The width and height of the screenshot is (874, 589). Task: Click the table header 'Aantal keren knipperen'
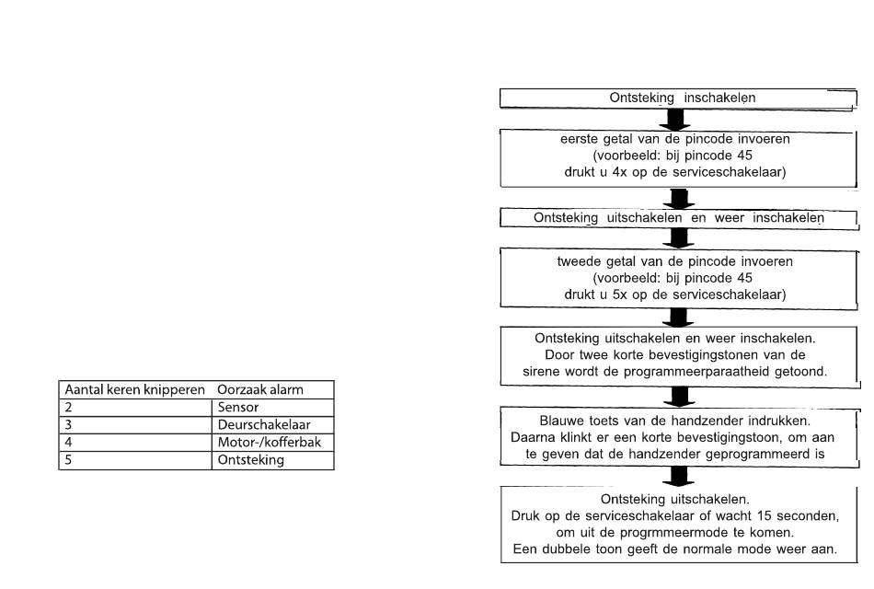click(135, 389)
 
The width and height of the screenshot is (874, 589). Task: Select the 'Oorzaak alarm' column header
click(260, 389)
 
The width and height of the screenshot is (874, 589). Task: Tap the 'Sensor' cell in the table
click(238, 407)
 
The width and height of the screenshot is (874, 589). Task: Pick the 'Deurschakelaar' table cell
click(264, 424)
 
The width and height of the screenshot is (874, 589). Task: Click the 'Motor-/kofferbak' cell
click(270, 443)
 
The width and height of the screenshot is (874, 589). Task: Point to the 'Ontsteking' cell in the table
click(251, 460)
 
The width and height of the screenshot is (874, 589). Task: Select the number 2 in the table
click(69, 407)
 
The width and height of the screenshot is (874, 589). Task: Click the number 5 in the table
click(69, 460)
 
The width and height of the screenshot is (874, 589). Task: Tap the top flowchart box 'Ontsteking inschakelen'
click(678, 98)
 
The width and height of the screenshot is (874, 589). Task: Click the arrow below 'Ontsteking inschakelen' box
click(675, 120)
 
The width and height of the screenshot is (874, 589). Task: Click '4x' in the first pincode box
click(619, 172)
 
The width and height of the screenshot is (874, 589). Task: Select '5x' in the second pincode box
click(619, 294)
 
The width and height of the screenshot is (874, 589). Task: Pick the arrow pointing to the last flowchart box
click(678, 477)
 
